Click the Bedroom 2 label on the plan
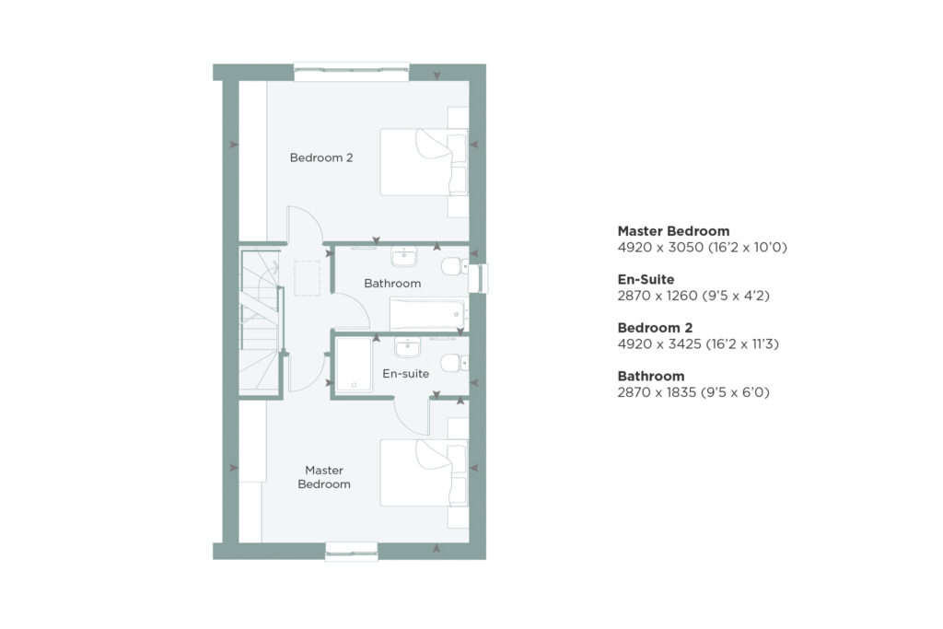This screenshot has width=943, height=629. click(x=321, y=157)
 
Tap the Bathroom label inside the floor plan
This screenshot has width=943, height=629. click(x=392, y=284)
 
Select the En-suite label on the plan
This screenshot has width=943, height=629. click(x=405, y=373)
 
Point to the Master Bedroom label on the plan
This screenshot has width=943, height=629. click(x=324, y=477)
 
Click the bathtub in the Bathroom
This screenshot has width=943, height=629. click(x=428, y=315)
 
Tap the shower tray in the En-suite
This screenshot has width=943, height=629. click(x=354, y=365)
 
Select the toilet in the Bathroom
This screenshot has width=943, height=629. click(x=455, y=266)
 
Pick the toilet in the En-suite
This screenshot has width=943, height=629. click(x=455, y=363)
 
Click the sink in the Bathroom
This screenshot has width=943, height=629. click(x=404, y=256)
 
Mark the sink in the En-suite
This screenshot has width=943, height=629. click(x=407, y=347)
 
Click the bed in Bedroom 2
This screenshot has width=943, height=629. click(x=424, y=162)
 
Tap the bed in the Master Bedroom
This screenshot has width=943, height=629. click(x=424, y=472)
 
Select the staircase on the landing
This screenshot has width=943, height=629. click(x=260, y=320)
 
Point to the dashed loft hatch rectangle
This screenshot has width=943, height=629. click(x=308, y=278)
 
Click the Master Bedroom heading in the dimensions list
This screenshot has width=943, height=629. click(x=673, y=231)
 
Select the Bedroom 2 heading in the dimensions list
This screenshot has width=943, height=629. click(x=655, y=328)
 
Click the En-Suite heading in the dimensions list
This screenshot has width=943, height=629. click(x=646, y=280)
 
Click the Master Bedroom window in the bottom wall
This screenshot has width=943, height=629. click(x=351, y=552)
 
